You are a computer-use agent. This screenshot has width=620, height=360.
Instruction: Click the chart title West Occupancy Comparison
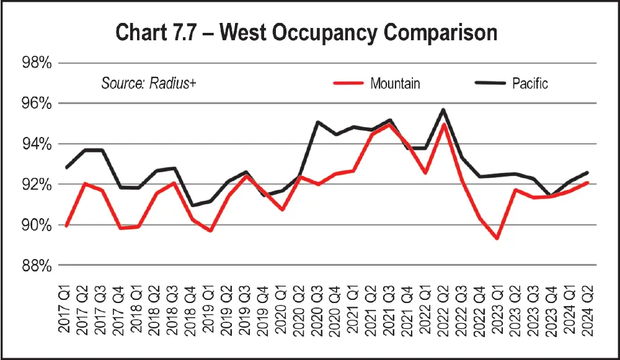306,33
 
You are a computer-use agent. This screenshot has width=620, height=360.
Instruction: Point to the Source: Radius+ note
149,83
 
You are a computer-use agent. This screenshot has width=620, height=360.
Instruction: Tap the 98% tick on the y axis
37,63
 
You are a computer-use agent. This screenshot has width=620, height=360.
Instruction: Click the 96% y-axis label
37,103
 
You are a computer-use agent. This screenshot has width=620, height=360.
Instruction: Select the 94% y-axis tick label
37,144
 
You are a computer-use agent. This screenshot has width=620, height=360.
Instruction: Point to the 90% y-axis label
37,225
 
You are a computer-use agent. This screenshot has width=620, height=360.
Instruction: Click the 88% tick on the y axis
37,265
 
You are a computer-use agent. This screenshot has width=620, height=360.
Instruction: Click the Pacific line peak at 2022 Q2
443,110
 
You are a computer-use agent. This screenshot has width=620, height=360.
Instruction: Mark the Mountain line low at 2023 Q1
497,238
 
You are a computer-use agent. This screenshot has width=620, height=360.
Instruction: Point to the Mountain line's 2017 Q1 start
67,226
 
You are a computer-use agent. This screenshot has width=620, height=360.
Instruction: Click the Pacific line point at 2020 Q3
318,122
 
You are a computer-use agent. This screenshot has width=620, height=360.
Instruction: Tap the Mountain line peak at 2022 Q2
443,125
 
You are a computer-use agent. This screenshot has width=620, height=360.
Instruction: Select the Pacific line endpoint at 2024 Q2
587,172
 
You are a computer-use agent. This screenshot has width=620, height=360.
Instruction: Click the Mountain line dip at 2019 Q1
210,230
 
